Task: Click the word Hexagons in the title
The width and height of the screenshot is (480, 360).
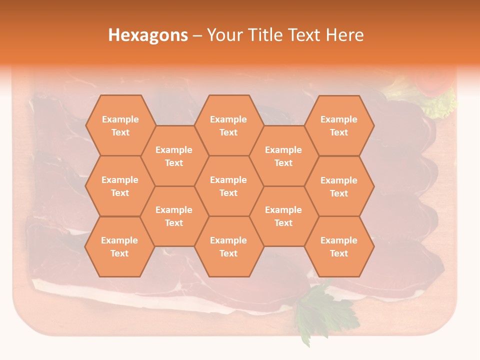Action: click(x=148, y=35)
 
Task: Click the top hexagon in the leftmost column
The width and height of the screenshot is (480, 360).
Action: click(x=120, y=125)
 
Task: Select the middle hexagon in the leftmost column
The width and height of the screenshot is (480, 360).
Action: click(x=120, y=186)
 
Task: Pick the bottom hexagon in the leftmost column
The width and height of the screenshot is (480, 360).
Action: click(x=119, y=246)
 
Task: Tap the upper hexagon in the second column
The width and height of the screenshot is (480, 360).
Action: click(x=174, y=156)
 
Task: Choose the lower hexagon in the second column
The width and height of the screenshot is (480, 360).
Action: click(x=174, y=216)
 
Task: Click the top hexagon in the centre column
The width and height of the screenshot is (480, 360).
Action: click(x=228, y=125)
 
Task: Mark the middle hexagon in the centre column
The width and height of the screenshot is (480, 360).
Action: click(x=228, y=186)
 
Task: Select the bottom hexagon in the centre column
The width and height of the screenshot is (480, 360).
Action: click(x=228, y=246)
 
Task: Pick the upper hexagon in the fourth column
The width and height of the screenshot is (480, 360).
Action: click(x=283, y=156)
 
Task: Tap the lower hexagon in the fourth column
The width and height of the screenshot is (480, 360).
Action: click(x=283, y=216)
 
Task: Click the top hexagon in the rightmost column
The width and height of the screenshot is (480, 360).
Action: click(x=339, y=125)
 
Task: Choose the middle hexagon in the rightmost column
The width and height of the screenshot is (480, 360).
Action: click(x=339, y=186)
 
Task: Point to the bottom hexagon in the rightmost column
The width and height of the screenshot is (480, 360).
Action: click(x=339, y=246)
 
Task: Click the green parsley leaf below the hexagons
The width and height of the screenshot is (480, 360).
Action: click(x=320, y=310)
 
